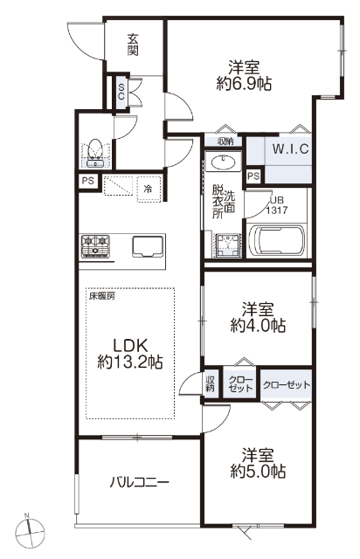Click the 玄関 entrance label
pos(134,45)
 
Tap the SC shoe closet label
pos(121,91)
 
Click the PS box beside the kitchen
pos(87,181)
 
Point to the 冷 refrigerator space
pos(149,189)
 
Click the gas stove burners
pos(95,246)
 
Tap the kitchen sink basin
pos(148,246)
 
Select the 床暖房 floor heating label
pos(102,295)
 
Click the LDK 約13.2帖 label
pos(130,353)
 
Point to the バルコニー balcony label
pos(139,483)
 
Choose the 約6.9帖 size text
pos(244,84)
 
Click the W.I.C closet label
pos(291,148)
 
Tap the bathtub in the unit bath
pos(277,241)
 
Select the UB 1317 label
pos(277,205)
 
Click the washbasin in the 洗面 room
pos(224,163)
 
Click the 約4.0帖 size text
pos(258,325)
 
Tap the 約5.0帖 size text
pos(258,472)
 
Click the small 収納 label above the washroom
pos(225,141)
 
